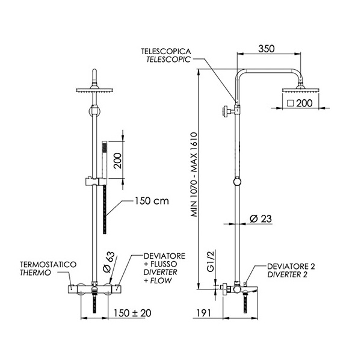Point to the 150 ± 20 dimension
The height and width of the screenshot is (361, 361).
click(x=134, y=313)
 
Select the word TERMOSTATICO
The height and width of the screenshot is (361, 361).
click(x=48, y=265)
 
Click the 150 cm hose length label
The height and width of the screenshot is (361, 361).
click(x=150, y=201)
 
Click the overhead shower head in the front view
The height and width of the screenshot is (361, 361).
click(x=94, y=90)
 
